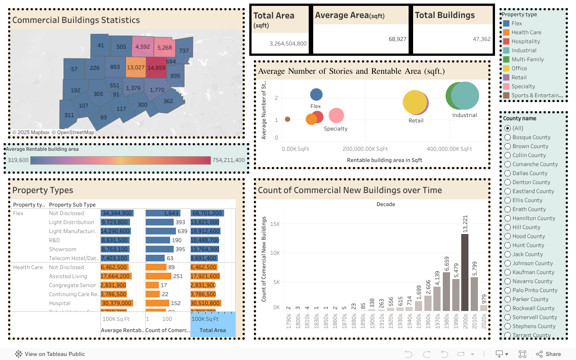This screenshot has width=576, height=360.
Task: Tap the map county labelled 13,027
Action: click(135, 67)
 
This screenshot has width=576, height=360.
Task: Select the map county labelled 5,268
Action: click(165, 47)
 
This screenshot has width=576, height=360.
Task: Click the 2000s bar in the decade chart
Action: click(465, 272)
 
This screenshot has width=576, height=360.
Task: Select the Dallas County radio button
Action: click(508, 173)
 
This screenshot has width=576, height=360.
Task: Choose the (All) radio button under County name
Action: click(508, 128)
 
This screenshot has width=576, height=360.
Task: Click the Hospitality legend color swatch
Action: click(506, 41)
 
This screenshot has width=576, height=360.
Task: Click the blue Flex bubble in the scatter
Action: click(316, 94)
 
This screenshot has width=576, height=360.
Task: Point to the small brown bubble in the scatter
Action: click(288, 119)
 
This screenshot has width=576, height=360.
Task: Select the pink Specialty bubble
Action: click(336, 116)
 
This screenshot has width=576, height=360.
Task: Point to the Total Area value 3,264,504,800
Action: click(288, 44)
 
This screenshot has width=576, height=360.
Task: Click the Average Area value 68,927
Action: click(397, 39)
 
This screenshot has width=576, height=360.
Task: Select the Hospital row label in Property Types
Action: click(60, 303)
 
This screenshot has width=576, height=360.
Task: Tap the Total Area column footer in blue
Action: click(213, 330)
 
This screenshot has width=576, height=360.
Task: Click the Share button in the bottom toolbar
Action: click(549, 354)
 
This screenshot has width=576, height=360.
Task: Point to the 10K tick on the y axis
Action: click(274, 253)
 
